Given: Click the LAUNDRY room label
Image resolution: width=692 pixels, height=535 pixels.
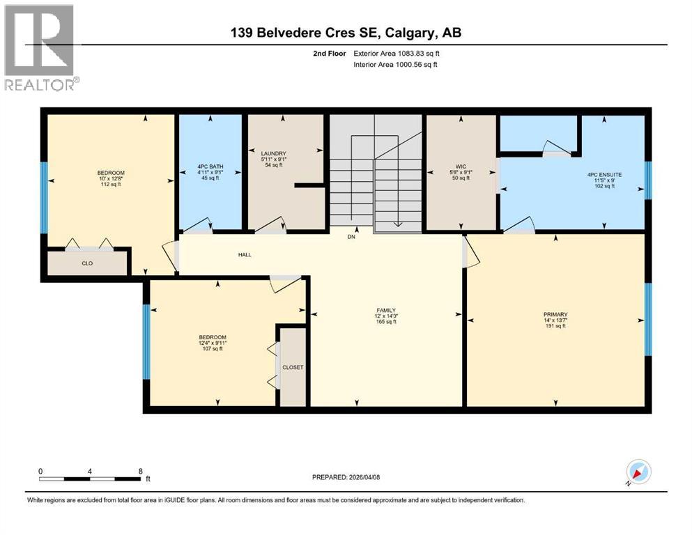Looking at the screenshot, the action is pyautogui.click(x=274, y=153).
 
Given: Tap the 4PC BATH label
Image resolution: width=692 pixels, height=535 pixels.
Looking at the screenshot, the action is pyautogui.click(x=210, y=166).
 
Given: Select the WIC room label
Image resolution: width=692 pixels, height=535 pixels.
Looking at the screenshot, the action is pyautogui.click(x=461, y=166).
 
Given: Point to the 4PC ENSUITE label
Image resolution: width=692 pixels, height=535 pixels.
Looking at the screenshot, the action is pyautogui.click(x=604, y=175).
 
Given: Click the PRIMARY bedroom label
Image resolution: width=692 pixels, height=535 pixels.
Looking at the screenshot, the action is pyautogui.click(x=555, y=314).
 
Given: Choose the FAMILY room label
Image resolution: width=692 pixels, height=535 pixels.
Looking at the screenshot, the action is pyautogui.click(x=386, y=310).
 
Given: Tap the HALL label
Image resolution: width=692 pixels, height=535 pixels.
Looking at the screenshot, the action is pyautogui.click(x=245, y=254).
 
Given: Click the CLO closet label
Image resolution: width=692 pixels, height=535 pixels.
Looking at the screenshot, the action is pyautogui.click(x=87, y=263).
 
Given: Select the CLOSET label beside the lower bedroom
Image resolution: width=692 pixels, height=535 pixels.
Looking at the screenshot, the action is pyautogui.click(x=293, y=367).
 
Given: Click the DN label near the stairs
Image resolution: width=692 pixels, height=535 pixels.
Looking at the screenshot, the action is pyautogui.click(x=351, y=237).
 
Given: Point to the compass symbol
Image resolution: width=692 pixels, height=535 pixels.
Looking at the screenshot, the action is pyautogui.click(x=638, y=472).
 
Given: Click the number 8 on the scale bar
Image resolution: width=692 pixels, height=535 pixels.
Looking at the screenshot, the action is pyautogui.click(x=140, y=471).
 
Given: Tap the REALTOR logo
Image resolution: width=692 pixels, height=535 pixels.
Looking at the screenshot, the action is pyautogui.click(x=42, y=47).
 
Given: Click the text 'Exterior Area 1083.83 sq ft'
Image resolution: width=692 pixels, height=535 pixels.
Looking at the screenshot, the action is pyautogui.click(x=397, y=54).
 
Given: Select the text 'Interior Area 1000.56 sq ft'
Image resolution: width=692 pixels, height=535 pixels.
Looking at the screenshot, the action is pyautogui.click(x=395, y=64).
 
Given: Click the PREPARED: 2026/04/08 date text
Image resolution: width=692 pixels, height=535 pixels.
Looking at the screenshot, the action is pyautogui.click(x=346, y=477).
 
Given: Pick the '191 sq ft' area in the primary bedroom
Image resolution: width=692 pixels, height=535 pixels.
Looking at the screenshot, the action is pyautogui.click(x=555, y=326).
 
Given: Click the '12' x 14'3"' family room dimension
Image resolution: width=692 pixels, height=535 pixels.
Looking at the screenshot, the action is pyautogui.click(x=386, y=316).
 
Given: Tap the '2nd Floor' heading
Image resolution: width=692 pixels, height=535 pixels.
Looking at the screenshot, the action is pyautogui.click(x=330, y=54).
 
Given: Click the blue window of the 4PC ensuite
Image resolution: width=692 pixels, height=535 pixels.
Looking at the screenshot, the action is pyautogui.click(x=648, y=180).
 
